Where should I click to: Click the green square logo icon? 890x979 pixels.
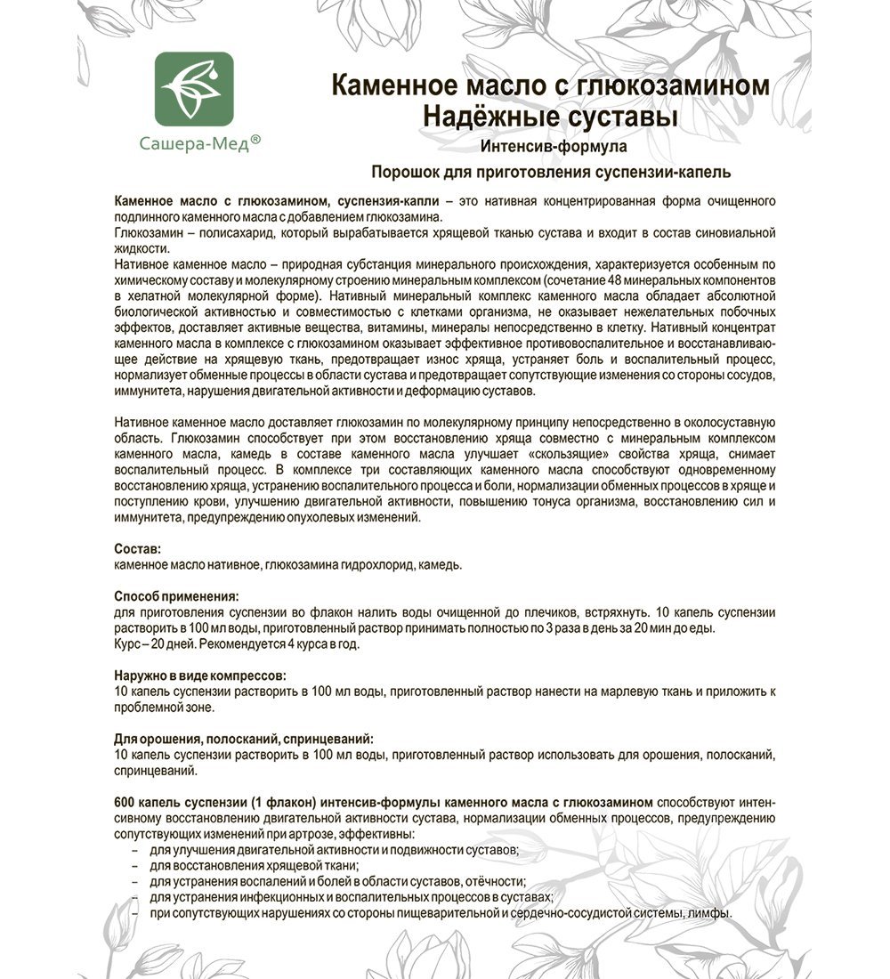point(195,91)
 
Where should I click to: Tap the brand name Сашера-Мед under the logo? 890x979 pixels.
point(190,142)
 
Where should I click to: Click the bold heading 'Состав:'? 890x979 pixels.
point(138,549)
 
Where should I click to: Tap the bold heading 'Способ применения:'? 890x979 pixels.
point(177,597)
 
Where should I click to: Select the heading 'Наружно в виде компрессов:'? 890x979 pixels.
point(201,676)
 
